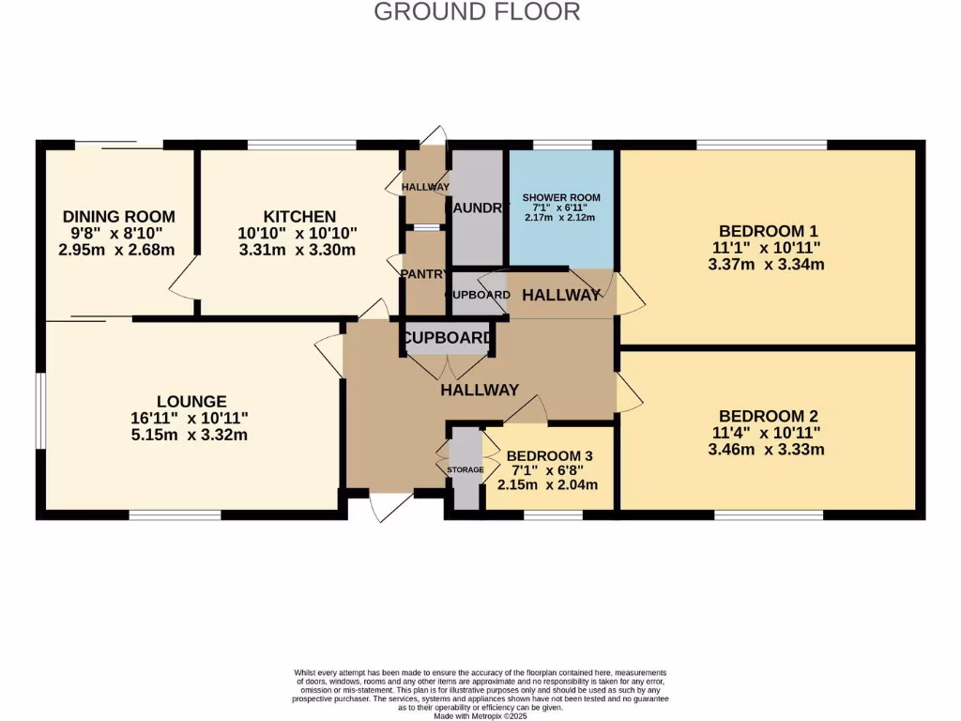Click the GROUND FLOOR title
tap(477, 11)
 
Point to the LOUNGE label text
tap(192, 401)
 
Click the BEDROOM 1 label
tap(762, 231)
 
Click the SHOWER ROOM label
tap(560, 198)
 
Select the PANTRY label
tap(424, 273)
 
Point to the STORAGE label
tap(465, 469)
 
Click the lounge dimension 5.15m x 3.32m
tap(190, 435)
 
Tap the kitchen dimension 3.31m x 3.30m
tap(297, 250)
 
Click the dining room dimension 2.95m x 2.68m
tap(117, 250)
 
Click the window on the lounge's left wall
tap(40, 413)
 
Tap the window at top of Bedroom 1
tap(761, 145)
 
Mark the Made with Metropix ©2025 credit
tap(480, 716)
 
